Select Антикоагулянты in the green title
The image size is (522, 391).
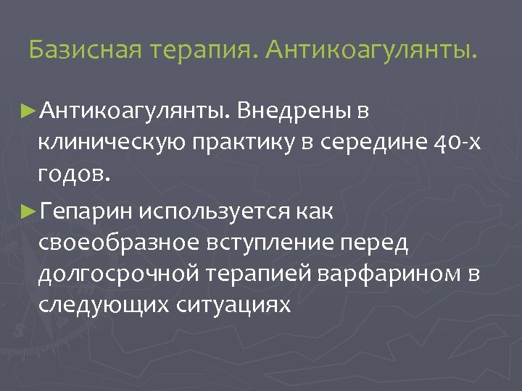[371, 51]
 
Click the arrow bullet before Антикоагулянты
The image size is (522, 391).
[30, 110]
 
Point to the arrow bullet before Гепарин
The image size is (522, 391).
[30, 213]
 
